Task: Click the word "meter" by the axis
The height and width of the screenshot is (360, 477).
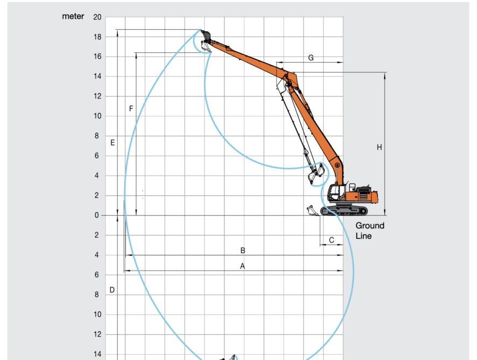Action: [x=73, y=17]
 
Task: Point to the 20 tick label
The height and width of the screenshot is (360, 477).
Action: [x=97, y=17]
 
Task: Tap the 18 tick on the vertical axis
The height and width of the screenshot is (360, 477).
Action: [x=97, y=37]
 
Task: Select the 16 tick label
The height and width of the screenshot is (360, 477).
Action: [x=97, y=57]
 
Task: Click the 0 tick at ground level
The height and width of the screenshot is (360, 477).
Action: [x=97, y=216]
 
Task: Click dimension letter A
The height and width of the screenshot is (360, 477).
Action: [x=242, y=266]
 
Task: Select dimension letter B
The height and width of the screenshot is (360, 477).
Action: [x=243, y=251]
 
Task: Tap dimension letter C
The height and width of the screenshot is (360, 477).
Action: [x=332, y=240]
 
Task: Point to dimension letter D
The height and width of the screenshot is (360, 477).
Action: [x=112, y=290]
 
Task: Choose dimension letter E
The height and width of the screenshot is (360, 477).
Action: [x=113, y=143]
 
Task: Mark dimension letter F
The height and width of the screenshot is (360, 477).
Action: [x=131, y=109]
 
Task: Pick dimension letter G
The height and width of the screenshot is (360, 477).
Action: [x=311, y=58]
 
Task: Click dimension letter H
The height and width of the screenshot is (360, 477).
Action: [x=379, y=147]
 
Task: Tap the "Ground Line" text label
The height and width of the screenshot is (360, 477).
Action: [x=369, y=231]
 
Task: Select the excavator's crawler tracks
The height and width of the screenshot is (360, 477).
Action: [x=345, y=210]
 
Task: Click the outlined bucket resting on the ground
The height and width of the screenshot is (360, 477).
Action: [x=312, y=211]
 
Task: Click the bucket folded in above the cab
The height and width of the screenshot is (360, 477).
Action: [x=317, y=174]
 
